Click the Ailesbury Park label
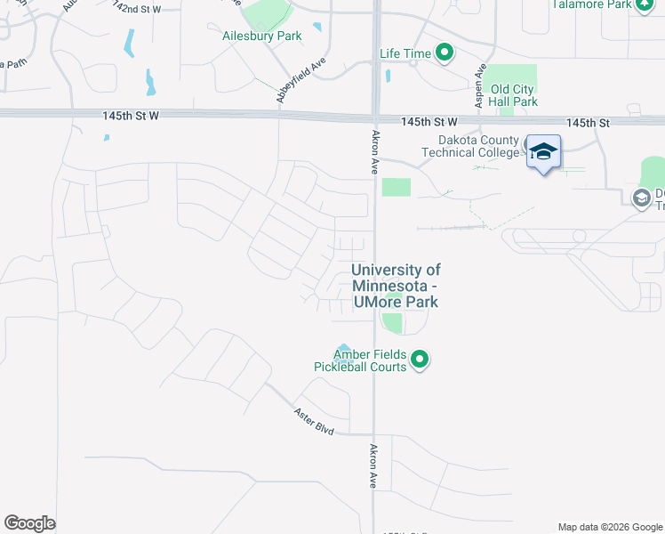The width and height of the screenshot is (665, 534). (262, 36)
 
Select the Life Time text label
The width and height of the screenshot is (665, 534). (405, 53)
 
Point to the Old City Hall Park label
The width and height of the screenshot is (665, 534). (514, 95)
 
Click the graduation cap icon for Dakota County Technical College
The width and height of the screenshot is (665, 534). (542, 153)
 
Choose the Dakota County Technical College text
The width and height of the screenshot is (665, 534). (478, 146)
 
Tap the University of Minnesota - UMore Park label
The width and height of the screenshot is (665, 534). (396, 286)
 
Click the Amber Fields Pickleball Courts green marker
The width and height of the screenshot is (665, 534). (421, 360)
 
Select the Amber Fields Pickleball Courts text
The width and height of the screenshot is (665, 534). (360, 360)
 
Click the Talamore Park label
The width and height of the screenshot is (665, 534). (591, 4)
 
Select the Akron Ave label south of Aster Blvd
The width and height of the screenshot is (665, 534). (374, 465)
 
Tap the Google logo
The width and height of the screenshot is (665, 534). (29, 522)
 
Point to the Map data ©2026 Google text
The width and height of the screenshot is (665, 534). (609, 527)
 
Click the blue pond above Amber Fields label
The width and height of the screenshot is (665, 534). (343, 348)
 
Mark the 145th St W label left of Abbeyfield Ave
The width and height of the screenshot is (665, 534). (131, 116)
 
